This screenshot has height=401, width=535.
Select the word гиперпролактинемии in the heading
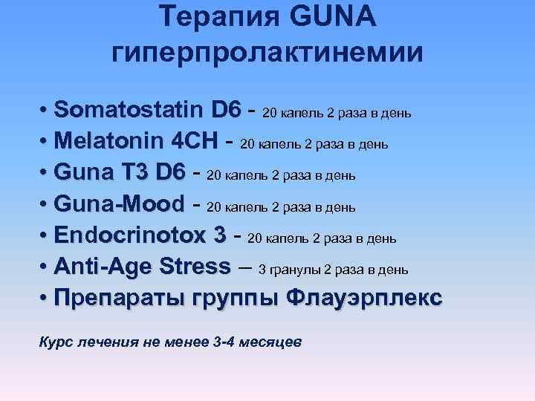coord(267,53)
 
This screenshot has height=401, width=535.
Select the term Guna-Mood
coord(119,204)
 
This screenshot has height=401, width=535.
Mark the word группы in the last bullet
coord(236,299)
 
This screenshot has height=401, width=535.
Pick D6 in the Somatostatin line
coord(226,111)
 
